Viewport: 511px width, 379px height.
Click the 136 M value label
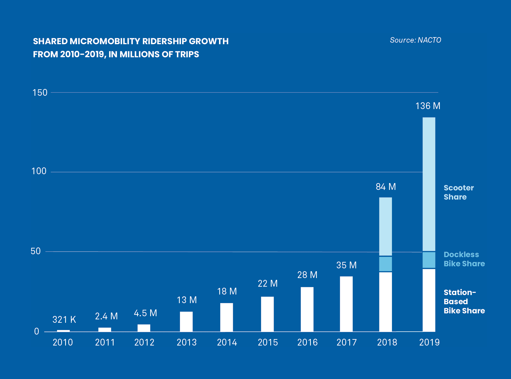point(428,106)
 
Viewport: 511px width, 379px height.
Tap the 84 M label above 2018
point(386,187)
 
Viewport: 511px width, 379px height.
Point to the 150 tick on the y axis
point(40,93)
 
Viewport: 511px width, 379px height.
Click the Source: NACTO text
point(415,40)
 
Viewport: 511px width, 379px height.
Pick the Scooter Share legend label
point(458,192)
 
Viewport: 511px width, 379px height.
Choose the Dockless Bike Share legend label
point(464,259)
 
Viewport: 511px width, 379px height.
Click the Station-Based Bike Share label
point(464,301)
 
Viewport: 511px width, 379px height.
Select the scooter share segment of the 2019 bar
point(429,184)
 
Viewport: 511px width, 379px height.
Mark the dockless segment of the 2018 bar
point(385,264)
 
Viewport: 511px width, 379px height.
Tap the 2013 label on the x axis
point(187,342)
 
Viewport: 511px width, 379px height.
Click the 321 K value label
point(64,320)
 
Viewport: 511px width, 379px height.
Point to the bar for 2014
point(226,317)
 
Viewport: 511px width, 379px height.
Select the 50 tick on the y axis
point(36,251)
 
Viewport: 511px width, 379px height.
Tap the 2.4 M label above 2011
point(106,316)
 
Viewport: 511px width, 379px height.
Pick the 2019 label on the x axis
point(429,342)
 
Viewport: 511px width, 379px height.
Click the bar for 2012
point(144,328)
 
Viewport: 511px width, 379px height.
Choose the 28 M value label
point(307,275)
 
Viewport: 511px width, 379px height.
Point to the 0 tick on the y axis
point(37,331)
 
